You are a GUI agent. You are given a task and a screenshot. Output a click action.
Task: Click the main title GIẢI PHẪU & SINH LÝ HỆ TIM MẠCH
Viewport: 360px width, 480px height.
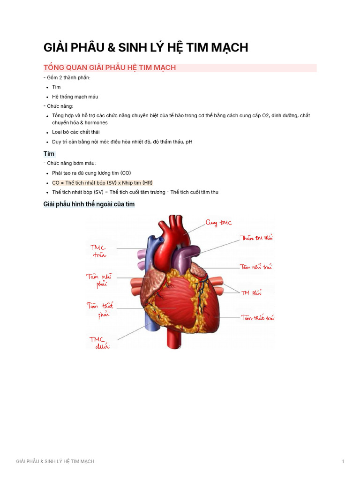pos(145,47)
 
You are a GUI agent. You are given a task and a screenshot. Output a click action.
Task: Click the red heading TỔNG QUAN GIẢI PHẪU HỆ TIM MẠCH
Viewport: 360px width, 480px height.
pos(110,67)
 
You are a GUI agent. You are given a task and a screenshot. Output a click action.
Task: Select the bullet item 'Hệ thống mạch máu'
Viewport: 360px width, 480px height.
pos(75,97)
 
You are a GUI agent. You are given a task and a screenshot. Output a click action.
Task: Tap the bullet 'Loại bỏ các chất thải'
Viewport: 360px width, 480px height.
pos(75,132)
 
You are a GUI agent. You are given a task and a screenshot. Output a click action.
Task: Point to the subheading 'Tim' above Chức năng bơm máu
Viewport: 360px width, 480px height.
pos(49,154)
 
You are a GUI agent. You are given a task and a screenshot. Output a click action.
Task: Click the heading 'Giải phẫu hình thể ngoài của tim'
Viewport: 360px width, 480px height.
pos(89,204)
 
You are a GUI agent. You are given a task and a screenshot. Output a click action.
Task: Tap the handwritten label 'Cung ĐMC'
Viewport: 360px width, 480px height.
pos(218,223)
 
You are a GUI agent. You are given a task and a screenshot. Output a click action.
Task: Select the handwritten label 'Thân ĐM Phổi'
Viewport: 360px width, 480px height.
pos(256,238)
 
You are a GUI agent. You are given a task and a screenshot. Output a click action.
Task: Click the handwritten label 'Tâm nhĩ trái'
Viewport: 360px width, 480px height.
pos(256,267)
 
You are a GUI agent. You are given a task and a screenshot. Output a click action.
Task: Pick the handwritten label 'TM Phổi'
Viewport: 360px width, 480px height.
pos(251,293)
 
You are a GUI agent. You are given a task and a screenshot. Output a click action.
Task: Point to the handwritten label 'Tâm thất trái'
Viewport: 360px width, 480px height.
pos(257,317)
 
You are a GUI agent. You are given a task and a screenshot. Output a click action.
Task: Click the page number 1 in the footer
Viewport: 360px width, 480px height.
pos(343,462)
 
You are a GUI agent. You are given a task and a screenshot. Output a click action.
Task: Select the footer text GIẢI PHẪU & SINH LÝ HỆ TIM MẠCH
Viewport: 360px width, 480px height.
pos(55,462)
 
